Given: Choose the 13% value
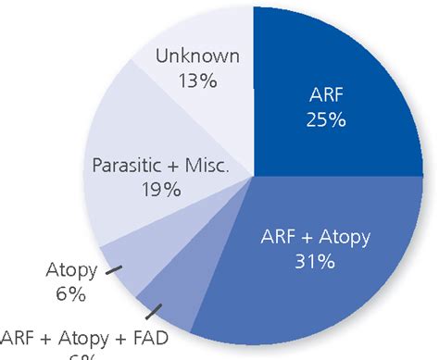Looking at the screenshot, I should pos(198,81).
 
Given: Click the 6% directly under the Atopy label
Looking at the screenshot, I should pos(69,295).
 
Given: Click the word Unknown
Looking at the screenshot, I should pos(198,56).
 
